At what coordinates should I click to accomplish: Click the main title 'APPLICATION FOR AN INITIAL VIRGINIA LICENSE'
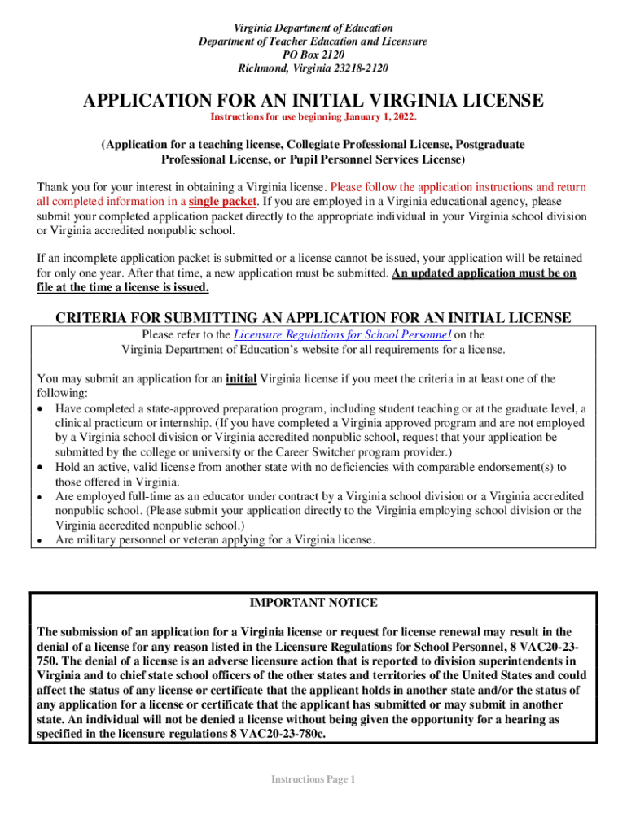click(x=313, y=101)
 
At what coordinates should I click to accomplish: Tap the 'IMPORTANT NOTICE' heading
click(x=313, y=603)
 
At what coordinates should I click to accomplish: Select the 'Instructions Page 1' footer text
click(x=313, y=779)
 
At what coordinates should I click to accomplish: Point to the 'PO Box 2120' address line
click(x=313, y=55)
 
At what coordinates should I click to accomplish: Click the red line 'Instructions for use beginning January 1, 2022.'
click(x=313, y=117)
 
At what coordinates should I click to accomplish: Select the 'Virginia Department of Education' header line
click(x=313, y=28)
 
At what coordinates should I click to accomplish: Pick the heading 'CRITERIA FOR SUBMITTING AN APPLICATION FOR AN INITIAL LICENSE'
click(x=313, y=317)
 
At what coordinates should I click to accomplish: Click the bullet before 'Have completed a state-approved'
click(x=42, y=409)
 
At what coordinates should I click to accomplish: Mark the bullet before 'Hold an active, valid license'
click(x=42, y=468)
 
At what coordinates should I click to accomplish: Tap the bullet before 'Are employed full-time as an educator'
click(x=42, y=496)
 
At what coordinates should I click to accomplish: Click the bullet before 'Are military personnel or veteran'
click(x=42, y=539)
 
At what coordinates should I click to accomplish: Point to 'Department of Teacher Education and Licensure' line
click(x=313, y=41)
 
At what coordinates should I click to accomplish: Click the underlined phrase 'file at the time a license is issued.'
click(x=123, y=288)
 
